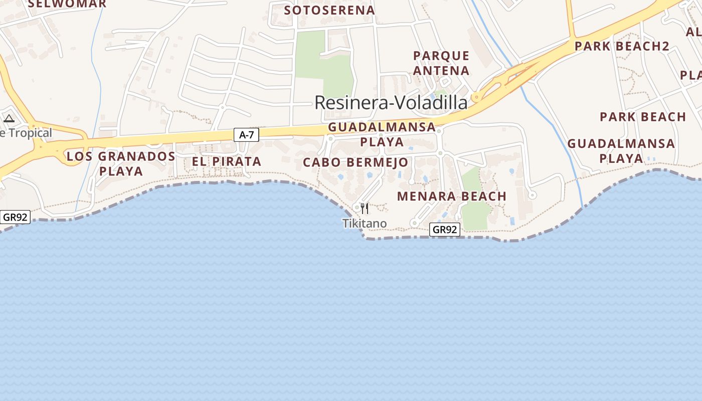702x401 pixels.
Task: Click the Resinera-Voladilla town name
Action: pyautogui.click(x=391, y=103)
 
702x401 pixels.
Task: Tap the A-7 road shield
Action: pyautogui.click(x=246, y=134)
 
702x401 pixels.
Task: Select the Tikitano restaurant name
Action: pyautogui.click(x=365, y=224)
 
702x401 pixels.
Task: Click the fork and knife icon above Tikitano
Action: pyautogui.click(x=365, y=208)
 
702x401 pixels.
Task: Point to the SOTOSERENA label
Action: pyautogui.click(x=329, y=10)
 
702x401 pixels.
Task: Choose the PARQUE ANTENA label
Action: pyautogui.click(x=441, y=63)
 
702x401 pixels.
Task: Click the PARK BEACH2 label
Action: pyautogui.click(x=622, y=46)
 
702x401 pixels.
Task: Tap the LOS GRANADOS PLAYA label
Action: pyautogui.click(x=121, y=163)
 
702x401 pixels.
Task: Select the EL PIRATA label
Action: pyautogui.click(x=227, y=161)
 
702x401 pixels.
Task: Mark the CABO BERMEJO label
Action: pyautogui.click(x=356, y=162)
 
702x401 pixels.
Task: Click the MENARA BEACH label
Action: pyautogui.click(x=452, y=196)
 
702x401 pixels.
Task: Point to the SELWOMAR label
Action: pyautogui.click(x=67, y=4)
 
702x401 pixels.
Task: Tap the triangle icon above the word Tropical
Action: pyautogui.click(x=9, y=119)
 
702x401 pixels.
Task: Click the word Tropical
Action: pyautogui.click(x=32, y=133)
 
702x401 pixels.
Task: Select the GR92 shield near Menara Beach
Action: pyautogui.click(x=445, y=230)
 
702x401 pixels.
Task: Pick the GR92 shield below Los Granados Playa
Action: pyautogui.click(x=15, y=217)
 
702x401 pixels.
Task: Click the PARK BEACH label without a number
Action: pyautogui.click(x=643, y=117)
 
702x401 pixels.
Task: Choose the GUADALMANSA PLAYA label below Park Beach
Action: pyautogui.click(x=621, y=151)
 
